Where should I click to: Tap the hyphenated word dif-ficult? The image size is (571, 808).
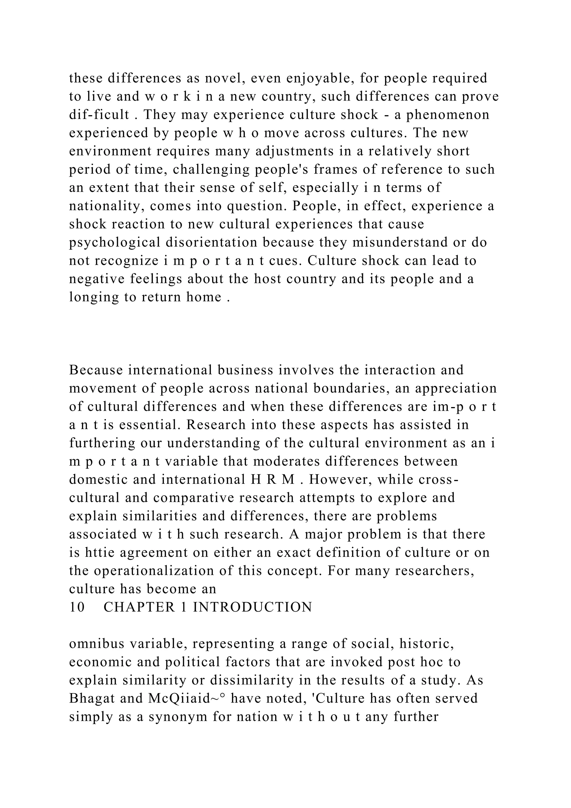click(x=99, y=115)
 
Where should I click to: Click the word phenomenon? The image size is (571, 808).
click(x=448, y=115)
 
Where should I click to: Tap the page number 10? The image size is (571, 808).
click(x=77, y=607)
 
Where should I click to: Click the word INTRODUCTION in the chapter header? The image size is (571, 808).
click(x=252, y=607)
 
